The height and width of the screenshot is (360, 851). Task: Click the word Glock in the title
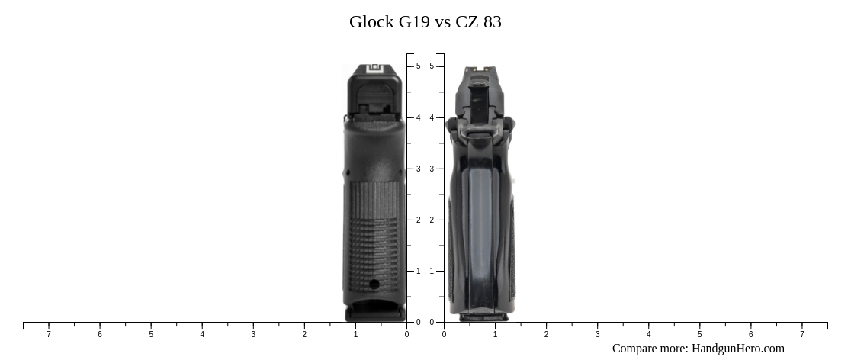371,22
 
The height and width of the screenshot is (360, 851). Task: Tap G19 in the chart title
414,22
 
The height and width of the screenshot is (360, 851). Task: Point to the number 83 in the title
493,22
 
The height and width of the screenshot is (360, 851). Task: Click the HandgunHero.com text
737,349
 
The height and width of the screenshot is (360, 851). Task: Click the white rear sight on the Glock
374,69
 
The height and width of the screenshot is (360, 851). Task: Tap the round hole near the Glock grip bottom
374,284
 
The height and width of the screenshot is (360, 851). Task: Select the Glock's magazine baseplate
374,312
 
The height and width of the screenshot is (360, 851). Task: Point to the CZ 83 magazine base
483,315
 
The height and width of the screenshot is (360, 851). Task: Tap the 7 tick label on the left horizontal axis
49,334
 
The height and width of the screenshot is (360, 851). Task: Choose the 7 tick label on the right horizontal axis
802,334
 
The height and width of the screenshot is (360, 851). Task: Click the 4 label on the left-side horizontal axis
202,334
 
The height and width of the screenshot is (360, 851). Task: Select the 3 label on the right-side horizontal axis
597,334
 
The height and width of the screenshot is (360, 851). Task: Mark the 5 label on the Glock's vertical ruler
418,66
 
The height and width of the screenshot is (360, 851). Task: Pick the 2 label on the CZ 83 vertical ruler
432,220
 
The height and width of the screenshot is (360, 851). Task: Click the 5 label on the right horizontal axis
699,334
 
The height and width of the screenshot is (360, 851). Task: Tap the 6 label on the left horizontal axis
100,334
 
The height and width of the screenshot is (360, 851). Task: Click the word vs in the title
442,22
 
